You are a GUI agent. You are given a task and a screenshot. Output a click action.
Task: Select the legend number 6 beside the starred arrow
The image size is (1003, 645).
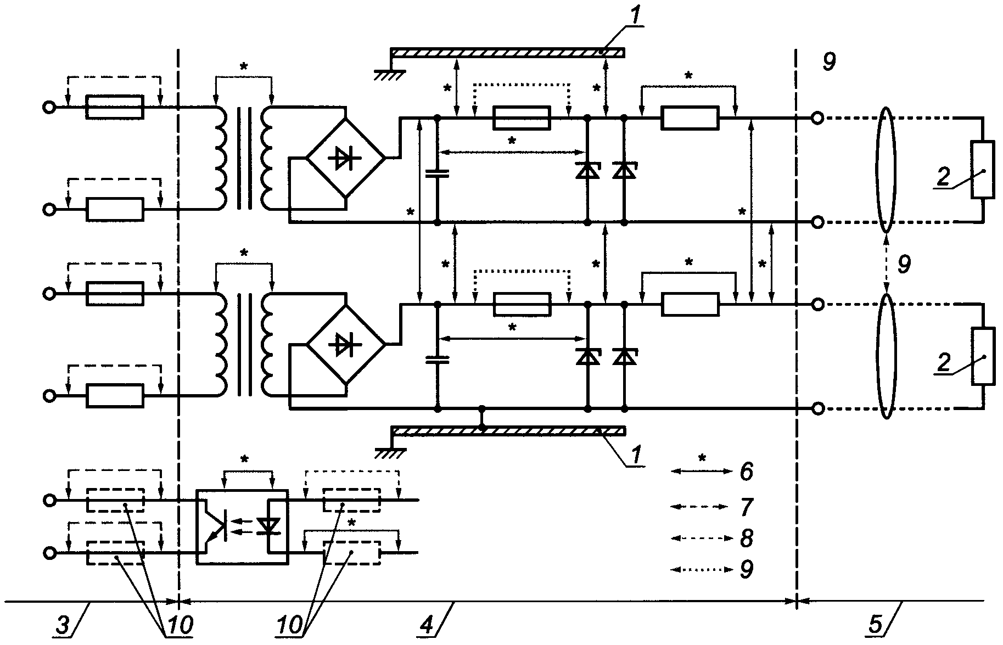(746, 472)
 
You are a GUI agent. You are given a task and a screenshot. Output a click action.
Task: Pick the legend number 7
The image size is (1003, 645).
(746, 507)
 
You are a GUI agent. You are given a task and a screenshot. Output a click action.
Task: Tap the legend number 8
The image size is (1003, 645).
(746, 539)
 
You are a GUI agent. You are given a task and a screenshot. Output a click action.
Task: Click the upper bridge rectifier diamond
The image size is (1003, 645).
(346, 158)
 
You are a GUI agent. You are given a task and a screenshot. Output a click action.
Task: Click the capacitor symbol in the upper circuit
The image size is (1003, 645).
(438, 173)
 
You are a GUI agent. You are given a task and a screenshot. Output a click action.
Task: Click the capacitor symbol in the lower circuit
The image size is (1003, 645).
(438, 360)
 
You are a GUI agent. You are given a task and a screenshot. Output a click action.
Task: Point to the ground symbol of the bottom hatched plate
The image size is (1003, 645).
(390, 452)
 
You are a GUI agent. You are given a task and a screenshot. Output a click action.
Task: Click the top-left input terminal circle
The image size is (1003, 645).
(49, 108)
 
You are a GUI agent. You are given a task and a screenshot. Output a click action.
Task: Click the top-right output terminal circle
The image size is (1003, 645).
(817, 118)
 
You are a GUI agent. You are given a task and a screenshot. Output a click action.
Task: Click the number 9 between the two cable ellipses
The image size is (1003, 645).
(904, 265)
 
